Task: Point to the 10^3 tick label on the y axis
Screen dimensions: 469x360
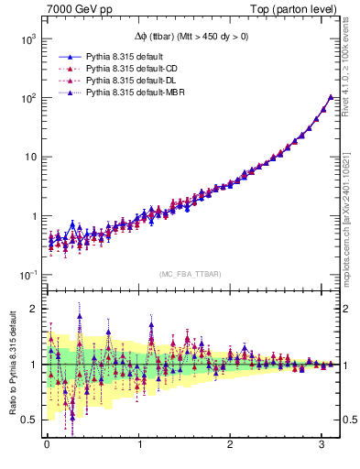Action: pyautogui.click(x=27, y=38)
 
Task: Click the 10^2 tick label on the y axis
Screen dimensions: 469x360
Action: pyautogui.click(x=27, y=98)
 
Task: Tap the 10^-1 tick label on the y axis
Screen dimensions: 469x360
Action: pyautogui.click(x=27, y=276)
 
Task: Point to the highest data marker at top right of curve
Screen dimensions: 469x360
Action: pyautogui.click(x=331, y=96)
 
